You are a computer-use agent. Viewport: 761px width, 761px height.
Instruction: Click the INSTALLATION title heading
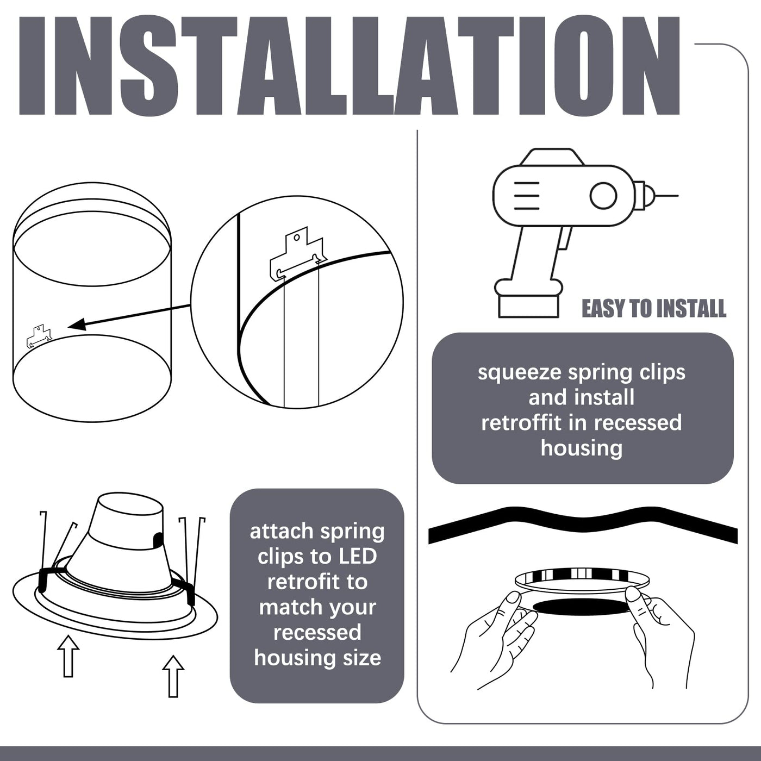pos(350,66)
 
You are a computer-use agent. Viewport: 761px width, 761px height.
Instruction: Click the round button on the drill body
pos(603,196)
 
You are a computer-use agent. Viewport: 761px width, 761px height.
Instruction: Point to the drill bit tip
pos(678,196)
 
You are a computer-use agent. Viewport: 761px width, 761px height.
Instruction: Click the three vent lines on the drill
pos(526,196)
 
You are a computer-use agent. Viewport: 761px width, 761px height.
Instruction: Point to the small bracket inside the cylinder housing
pos(39,336)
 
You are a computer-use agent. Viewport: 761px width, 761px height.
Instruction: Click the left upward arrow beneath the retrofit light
pos(68,656)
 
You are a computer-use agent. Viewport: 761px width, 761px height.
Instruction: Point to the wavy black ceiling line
pos(583,525)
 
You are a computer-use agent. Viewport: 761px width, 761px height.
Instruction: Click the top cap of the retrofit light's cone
pos(130,503)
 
